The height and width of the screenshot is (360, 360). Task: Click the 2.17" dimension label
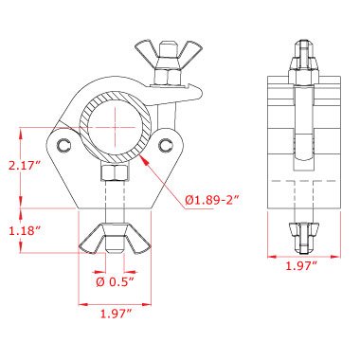click(26, 166)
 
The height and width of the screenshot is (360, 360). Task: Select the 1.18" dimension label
click(26, 231)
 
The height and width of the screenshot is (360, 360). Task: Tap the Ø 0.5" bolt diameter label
click(116, 282)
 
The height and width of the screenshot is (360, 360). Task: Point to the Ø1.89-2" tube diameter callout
click(211, 200)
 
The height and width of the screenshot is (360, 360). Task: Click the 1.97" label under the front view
click(116, 315)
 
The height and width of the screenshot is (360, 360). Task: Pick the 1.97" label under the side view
click(301, 266)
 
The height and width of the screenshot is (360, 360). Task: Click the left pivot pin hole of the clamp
click(64, 145)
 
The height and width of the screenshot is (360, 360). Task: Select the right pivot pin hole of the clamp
click(166, 145)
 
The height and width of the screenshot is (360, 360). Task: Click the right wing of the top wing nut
click(191, 50)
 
